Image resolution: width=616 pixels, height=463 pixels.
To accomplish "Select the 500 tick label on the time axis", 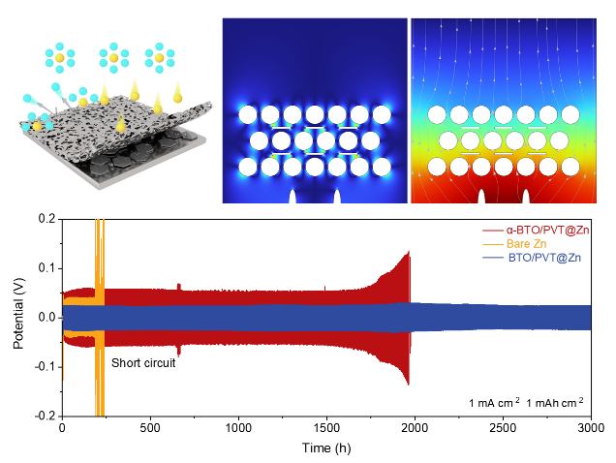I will tap(150, 427).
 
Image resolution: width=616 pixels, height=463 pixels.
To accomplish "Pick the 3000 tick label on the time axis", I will tap(590, 427).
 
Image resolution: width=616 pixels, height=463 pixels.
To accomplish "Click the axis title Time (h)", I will tap(325, 447).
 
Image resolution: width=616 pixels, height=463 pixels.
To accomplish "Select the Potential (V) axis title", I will tap(18, 318).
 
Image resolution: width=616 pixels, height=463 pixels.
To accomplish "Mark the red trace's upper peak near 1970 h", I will tap(409, 254).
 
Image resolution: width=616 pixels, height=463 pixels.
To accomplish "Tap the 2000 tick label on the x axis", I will tap(414, 427).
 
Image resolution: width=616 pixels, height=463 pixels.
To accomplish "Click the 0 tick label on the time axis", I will tap(62, 427).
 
